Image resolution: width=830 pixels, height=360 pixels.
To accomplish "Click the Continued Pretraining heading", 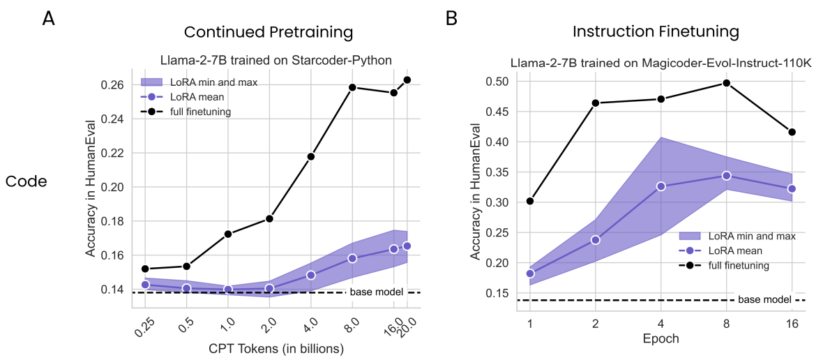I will click(269, 32).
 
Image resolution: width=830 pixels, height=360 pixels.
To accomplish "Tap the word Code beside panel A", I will click(27, 181).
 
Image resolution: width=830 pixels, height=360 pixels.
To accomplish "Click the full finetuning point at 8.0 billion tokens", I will click(352, 87).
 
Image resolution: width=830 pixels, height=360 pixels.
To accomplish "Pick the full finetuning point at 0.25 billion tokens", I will click(146, 269).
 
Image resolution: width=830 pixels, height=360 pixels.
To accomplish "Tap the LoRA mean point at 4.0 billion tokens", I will click(311, 275).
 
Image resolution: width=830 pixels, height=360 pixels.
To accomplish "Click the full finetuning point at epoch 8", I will click(727, 83).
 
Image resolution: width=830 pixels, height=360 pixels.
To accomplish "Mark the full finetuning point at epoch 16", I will click(792, 132).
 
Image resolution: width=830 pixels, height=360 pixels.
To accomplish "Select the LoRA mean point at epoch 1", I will click(530, 273).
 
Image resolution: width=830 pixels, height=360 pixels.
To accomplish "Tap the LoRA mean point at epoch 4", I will click(661, 186).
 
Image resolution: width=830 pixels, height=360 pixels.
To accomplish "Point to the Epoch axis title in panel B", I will click(661, 338).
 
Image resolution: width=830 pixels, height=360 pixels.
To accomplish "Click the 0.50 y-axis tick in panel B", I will click(498, 82).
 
